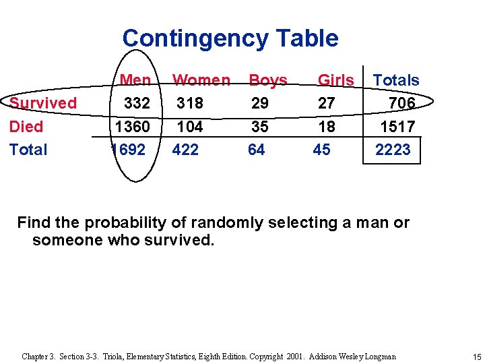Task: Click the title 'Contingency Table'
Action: tap(230, 38)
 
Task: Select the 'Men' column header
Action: tap(135, 80)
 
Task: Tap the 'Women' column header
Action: tap(201, 80)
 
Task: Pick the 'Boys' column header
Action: tap(268, 80)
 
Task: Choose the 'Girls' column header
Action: tap(335, 80)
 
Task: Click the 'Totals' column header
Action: tap(396, 80)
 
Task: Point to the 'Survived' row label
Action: tap(43, 103)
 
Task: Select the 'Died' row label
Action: tap(26, 127)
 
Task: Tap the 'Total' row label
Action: tap(28, 150)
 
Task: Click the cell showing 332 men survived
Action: tap(137, 103)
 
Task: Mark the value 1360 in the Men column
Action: tap(133, 127)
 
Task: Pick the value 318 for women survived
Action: tap(190, 103)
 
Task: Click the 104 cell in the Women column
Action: tap(190, 127)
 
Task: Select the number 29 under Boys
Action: tap(259, 103)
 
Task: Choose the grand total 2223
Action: tap(393, 150)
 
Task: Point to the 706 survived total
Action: tap(402, 103)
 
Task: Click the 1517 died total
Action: tap(397, 127)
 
